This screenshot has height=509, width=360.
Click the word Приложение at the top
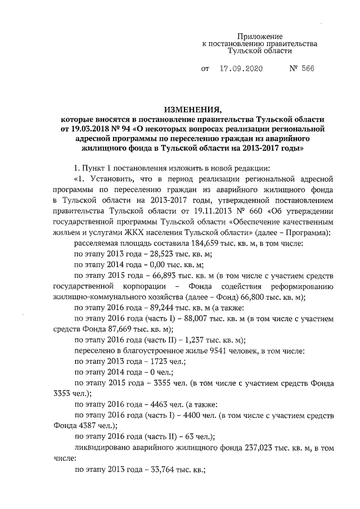259,36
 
